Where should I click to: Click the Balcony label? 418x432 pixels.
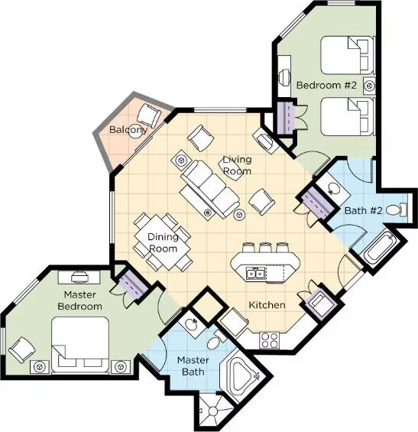(128, 129)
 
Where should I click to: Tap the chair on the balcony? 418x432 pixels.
(149, 115)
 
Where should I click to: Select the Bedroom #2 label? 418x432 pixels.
(326, 85)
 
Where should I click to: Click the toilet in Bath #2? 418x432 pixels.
(397, 210)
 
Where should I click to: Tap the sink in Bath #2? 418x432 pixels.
(333, 189)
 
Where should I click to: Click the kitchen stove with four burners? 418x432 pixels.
(269, 340)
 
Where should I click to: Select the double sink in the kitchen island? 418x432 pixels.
(256, 274)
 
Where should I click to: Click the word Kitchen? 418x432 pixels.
(267, 305)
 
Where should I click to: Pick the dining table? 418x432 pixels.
(163, 242)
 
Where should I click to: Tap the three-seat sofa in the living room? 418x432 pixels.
(209, 188)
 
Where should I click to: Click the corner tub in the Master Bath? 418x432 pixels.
(244, 373)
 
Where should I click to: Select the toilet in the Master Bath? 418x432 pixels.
(216, 339)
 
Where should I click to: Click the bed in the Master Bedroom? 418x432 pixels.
(79, 345)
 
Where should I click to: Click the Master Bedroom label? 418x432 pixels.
(79, 300)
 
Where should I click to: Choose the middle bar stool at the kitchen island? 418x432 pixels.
(265, 247)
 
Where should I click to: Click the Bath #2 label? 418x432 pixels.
(364, 211)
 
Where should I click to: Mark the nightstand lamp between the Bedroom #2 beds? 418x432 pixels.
(369, 86)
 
